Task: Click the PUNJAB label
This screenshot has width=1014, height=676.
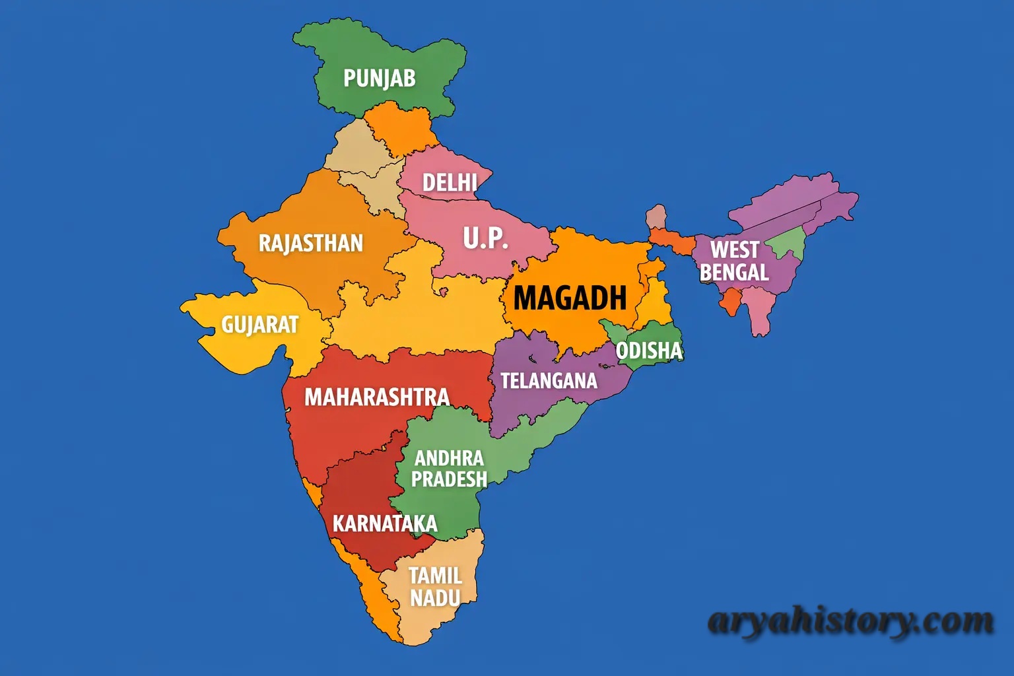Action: [379, 79]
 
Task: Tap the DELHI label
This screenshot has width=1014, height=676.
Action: [450, 182]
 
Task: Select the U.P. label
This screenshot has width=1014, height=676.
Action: [485, 238]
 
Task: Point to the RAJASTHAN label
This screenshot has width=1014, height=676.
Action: [310, 243]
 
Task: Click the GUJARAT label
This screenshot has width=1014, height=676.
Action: [259, 325]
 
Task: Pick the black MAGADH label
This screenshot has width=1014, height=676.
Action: [570, 298]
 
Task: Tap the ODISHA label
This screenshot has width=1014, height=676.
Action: [649, 351]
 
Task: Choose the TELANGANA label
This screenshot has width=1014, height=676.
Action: [549, 381]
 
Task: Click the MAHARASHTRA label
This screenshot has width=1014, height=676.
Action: [377, 397]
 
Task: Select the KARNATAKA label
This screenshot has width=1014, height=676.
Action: [385, 524]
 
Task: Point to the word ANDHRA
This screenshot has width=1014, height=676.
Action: [449, 458]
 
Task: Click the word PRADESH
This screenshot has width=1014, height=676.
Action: [449, 479]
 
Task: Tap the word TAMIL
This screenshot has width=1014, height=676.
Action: [435, 576]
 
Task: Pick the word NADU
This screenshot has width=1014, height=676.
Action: [435, 598]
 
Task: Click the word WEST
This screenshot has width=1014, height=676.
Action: [734, 250]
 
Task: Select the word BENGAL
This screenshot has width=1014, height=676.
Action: [734, 272]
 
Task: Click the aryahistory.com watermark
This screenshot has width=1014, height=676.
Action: [850, 621]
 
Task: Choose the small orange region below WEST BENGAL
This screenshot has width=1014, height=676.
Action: [729, 302]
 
